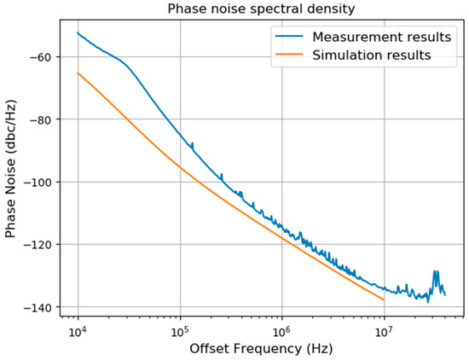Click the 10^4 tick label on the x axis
(x=78, y=329)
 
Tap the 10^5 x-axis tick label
(x=180, y=329)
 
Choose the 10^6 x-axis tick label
(x=281, y=329)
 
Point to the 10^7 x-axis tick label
(x=384, y=329)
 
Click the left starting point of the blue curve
(x=78, y=33)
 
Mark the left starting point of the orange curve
(x=78, y=73)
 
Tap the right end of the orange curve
(x=384, y=299)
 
